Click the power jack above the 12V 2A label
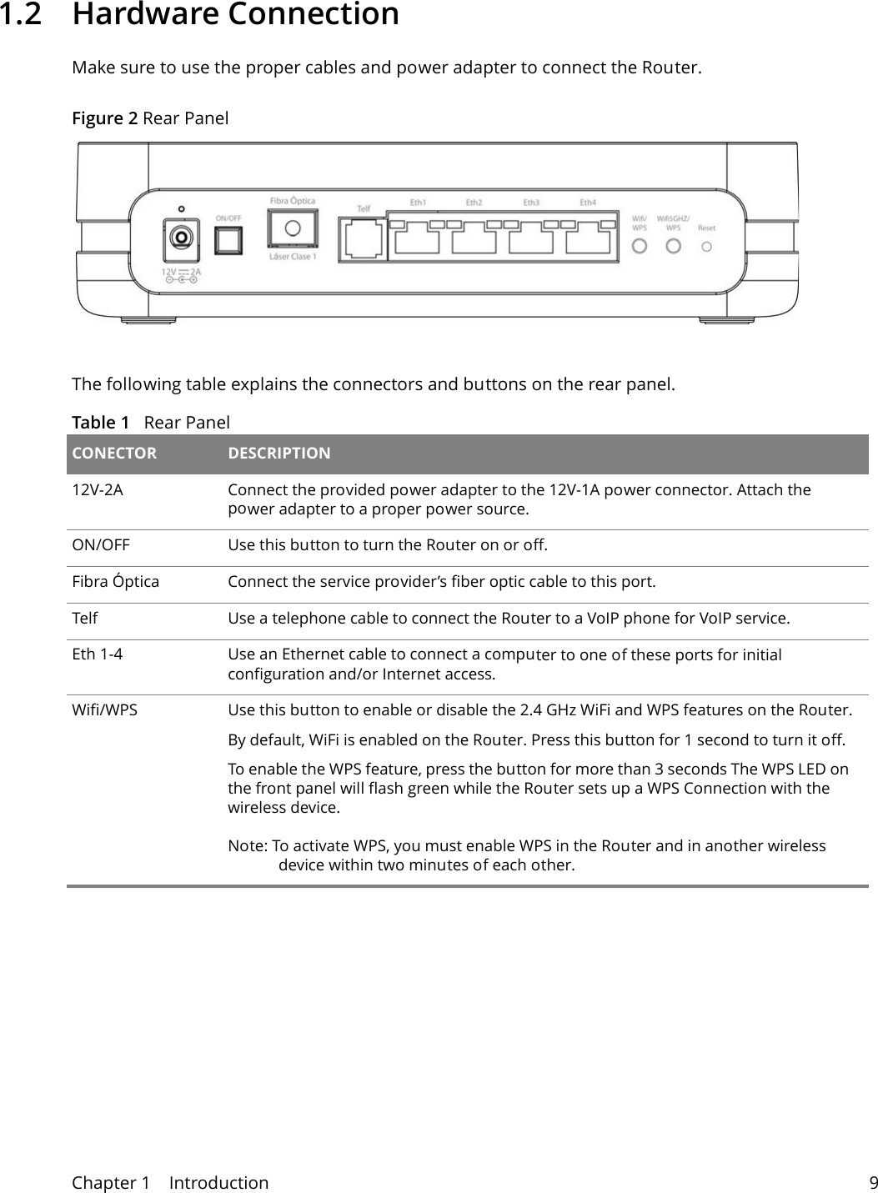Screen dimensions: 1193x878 179,239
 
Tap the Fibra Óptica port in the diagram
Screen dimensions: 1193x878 292,228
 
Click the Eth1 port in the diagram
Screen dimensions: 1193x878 417,240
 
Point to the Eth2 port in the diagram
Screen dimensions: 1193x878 474,240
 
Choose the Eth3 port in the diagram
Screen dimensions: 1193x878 530,240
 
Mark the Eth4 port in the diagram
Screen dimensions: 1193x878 588,240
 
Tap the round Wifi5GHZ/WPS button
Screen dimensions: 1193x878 674,247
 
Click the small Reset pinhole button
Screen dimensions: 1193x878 707,247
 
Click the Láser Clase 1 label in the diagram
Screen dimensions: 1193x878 292,257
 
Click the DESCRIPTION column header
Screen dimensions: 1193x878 279,454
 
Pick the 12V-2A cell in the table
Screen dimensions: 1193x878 98,490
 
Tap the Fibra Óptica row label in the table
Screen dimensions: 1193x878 115,581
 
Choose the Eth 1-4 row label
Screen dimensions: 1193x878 97,654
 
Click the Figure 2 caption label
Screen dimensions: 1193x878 105,118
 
